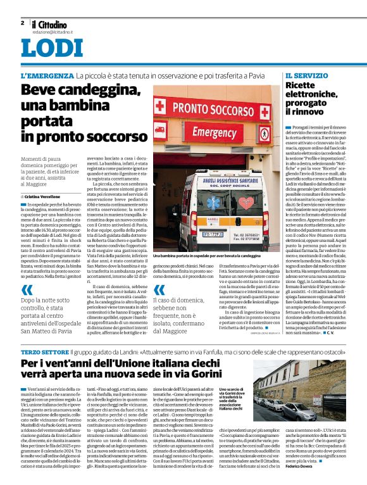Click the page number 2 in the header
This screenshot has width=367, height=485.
tap(22, 23)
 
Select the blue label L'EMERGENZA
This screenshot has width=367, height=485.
tap(47, 75)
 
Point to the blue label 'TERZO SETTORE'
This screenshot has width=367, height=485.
tap(42, 351)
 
